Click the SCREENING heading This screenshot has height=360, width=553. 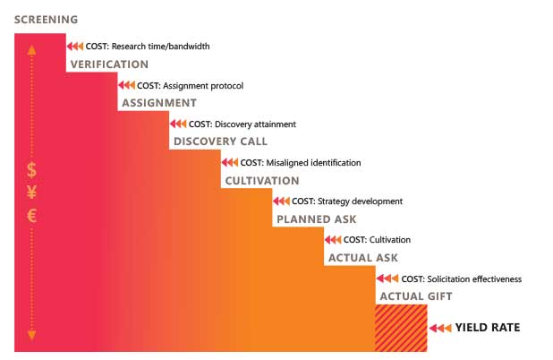pyautogui.click(x=46, y=20)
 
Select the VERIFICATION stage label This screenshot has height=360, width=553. pyautogui.click(x=109, y=64)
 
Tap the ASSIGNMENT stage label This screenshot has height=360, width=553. pyautogui.click(x=159, y=103)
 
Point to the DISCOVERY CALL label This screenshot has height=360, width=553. pyautogui.click(x=220, y=141)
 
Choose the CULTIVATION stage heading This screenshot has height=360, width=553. pyautogui.click(x=262, y=181)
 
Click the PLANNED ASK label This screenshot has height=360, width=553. pyautogui.click(x=317, y=219)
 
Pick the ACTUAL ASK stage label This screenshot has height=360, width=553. pyautogui.click(x=363, y=258)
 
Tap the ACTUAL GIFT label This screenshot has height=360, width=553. pyautogui.click(x=416, y=296)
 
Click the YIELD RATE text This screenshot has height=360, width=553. pyautogui.click(x=488, y=328)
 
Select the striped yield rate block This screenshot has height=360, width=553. pyautogui.click(x=402, y=328)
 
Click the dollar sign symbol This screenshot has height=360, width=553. pyautogui.click(x=31, y=170)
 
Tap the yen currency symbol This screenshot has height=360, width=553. pyautogui.click(x=31, y=193)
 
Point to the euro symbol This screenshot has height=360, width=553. pyautogui.click(x=31, y=215)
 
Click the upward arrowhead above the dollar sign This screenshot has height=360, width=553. pyautogui.click(x=31, y=49)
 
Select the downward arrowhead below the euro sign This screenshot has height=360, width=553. pyautogui.click(x=31, y=335)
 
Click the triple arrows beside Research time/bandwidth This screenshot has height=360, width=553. pyautogui.click(x=75, y=47)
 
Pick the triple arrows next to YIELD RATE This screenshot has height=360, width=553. pyautogui.click(x=440, y=328)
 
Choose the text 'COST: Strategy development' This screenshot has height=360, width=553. pyautogui.click(x=347, y=201)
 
